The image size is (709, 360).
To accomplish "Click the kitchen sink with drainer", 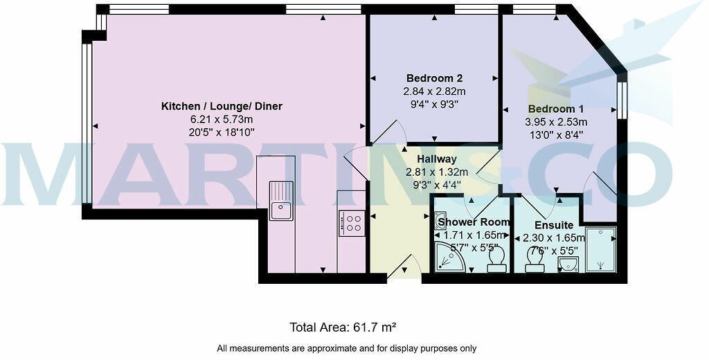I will (x=280, y=200).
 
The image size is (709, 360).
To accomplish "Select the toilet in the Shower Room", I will (x=496, y=259).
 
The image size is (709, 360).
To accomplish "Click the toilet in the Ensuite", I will (x=534, y=258).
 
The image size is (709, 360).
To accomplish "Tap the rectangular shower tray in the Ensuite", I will (x=600, y=249).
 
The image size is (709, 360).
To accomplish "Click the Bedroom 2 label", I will (x=434, y=78).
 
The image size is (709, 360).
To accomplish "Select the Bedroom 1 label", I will (x=556, y=109).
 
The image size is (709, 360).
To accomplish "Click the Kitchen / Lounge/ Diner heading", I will (x=222, y=106).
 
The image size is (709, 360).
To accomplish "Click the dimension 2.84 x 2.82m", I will (x=434, y=91).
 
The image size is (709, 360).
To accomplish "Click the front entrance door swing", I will (x=404, y=267).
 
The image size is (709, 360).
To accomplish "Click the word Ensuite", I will (x=555, y=225).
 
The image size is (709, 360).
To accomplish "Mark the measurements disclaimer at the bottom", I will (x=346, y=348).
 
